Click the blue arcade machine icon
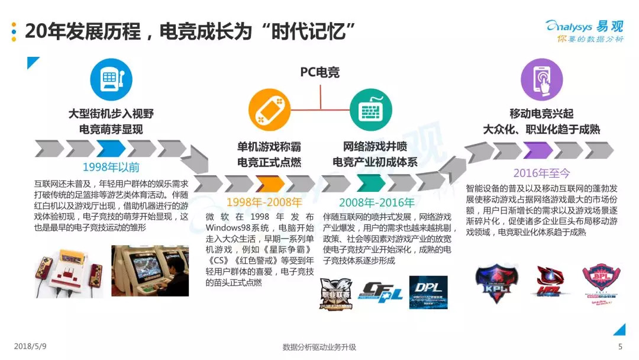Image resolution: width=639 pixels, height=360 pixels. point(111,80)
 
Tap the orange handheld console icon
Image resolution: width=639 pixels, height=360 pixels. point(269,110)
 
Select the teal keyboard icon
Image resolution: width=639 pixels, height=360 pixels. point(370,110)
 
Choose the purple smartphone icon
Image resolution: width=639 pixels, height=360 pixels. point(541,80)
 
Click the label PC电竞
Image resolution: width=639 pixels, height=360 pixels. point(319,72)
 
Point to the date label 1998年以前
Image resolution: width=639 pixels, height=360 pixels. point(111,167)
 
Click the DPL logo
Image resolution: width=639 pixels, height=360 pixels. point(428,292)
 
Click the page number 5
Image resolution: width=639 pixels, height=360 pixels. point(620,347)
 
